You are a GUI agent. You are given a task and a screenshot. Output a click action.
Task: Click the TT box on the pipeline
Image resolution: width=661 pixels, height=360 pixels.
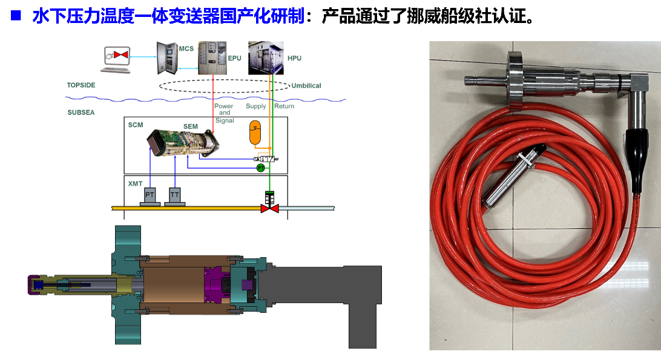(174, 195)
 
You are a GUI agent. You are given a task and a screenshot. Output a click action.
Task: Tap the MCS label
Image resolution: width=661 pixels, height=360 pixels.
(186, 48)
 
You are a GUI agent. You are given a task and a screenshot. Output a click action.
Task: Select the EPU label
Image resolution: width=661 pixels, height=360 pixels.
(234, 58)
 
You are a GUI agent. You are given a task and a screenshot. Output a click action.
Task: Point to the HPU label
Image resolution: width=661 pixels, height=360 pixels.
(294, 58)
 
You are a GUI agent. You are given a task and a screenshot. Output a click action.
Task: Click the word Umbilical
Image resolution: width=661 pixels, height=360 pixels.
(306, 86)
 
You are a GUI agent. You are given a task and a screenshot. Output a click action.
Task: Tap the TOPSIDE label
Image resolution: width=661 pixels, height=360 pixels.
(81, 85)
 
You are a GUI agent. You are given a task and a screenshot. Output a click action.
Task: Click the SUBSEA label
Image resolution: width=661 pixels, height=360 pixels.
(81, 113)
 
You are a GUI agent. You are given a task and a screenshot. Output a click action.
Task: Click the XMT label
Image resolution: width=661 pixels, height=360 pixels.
(135, 183)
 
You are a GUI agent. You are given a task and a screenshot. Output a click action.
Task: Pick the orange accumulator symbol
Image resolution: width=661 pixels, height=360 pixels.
(255, 133)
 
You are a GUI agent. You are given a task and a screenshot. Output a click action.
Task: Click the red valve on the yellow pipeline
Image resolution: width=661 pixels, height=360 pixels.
(269, 208)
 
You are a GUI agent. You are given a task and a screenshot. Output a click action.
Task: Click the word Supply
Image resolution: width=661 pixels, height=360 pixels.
(255, 106)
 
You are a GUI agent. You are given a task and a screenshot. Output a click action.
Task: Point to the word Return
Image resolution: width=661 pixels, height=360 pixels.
(284, 106)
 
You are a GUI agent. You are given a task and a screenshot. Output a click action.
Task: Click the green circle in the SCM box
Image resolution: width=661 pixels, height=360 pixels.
(260, 167)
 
